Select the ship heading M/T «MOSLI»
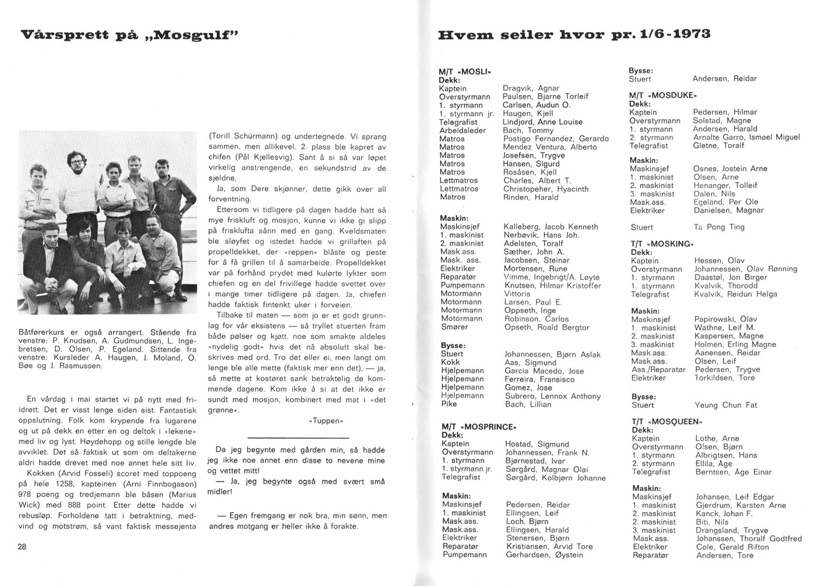click(464, 71)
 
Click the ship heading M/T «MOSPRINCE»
click(478, 427)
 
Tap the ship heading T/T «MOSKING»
click(662, 243)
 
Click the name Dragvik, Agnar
click(530, 88)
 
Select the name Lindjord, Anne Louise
click(542, 122)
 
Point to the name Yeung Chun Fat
click(726, 405)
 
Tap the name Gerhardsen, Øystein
click(544, 555)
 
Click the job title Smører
click(455, 327)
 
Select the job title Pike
click(448, 404)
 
